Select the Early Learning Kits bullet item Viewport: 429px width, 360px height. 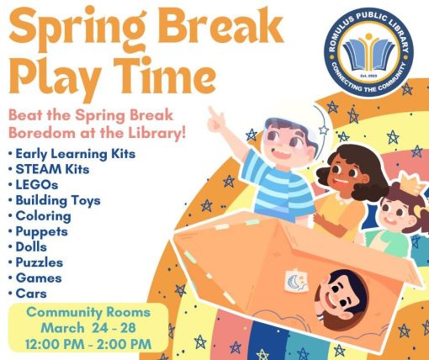71,154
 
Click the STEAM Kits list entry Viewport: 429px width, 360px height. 49,169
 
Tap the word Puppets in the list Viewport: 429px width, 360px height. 42,232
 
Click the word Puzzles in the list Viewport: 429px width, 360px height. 40,262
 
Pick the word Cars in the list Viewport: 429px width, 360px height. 31,294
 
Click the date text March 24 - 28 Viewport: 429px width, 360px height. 88,328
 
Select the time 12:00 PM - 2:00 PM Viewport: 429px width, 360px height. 88,344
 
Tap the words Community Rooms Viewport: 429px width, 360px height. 88,312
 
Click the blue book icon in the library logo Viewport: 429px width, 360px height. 368,54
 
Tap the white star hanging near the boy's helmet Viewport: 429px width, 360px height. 324,130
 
